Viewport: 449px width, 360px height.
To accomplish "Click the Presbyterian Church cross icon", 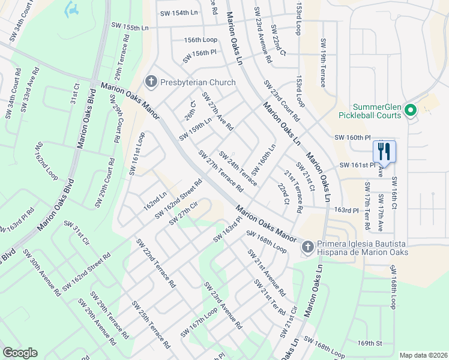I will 150,82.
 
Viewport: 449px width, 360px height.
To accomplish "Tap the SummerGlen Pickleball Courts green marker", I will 411,110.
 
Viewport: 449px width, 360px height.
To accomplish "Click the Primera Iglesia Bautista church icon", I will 307,247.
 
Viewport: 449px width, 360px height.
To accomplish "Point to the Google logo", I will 20,352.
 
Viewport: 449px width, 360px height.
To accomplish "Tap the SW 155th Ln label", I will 130,26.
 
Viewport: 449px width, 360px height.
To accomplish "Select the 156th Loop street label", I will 200,40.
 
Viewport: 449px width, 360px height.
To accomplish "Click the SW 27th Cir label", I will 183,214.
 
